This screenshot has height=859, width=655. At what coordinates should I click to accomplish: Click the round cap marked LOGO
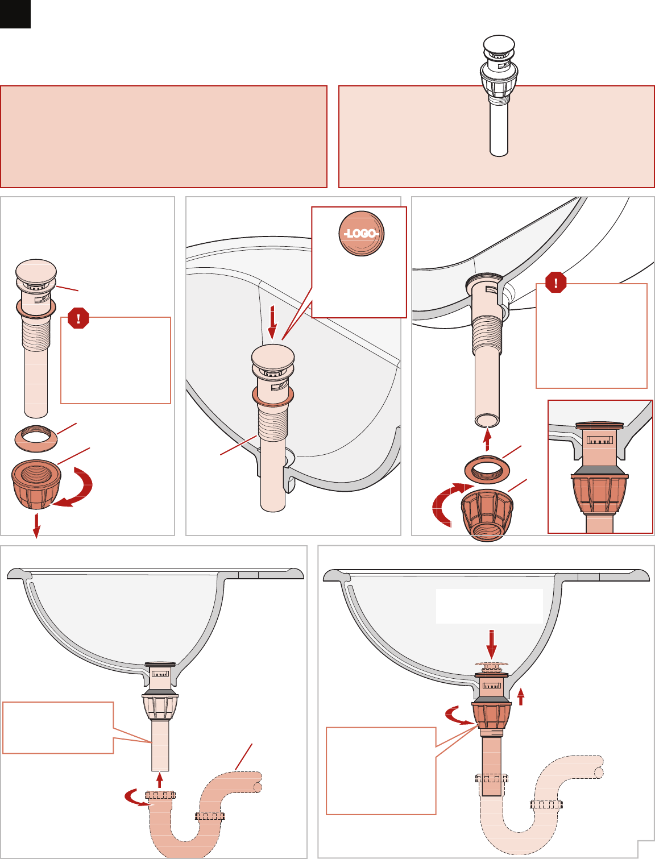[x=361, y=234]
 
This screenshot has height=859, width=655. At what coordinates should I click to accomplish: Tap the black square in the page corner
[x=15, y=14]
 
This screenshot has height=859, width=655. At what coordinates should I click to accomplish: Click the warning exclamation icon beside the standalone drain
[x=78, y=318]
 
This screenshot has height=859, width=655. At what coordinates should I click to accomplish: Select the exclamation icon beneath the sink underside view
[x=555, y=282]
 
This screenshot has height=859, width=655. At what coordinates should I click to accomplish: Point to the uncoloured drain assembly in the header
[x=499, y=96]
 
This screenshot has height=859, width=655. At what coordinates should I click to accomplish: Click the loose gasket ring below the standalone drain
[x=36, y=439]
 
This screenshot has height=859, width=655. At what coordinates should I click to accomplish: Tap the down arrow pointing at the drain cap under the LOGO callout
[x=273, y=323]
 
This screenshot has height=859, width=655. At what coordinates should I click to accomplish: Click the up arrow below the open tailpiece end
[x=487, y=439]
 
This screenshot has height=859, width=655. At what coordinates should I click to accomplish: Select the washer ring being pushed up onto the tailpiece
[x=487, y=469]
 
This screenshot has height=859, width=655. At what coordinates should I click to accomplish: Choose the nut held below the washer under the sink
[x=487, y=514]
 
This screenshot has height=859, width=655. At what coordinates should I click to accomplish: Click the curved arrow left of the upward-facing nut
[x=450, y=503]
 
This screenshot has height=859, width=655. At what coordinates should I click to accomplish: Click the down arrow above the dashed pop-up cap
[x=491, y=644]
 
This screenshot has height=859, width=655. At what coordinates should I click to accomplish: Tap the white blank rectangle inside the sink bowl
[x=490, y=606]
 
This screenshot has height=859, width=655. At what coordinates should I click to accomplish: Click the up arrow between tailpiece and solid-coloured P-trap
[x=159, y=779]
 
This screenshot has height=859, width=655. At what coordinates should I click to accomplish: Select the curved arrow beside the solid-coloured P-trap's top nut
[x=138, y=797]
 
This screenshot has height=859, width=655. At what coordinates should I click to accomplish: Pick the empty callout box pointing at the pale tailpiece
[x=58, y=728]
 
